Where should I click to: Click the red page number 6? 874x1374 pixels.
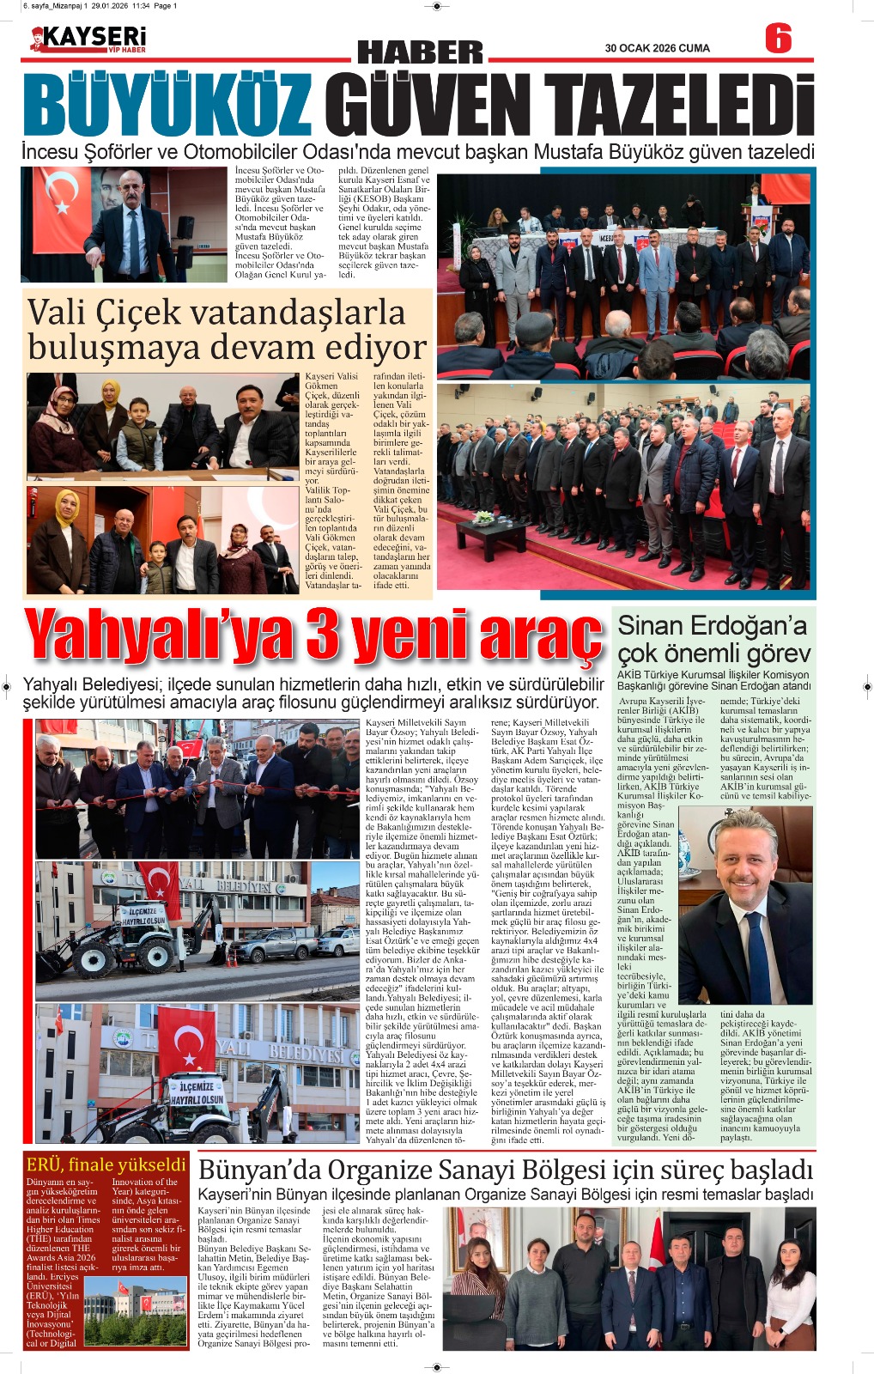click(x=778, y=40)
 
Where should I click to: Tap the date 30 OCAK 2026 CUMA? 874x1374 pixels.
click(x=657, y=48)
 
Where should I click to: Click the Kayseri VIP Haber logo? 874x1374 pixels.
click(x=88, y=40)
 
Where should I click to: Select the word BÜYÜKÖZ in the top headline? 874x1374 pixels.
click(x=168, y=106)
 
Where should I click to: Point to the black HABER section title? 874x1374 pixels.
click(x=420, y=52)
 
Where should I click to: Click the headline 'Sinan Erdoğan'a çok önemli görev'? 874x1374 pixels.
click(x=713, y=638)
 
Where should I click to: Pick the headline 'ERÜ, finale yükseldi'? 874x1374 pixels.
click(x=106, y=1164)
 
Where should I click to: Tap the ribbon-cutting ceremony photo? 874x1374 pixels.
click(x=197, y=788)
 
